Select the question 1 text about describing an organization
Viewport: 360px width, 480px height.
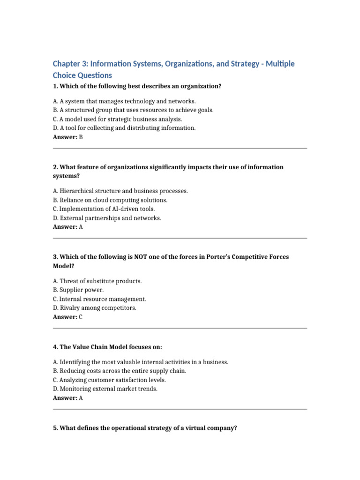click(x=137, y=86)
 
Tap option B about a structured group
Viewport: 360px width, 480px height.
click(x=133, y=110)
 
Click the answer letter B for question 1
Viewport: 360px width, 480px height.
click(x=81, y=137)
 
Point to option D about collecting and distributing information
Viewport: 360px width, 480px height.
click(x=124, y=128)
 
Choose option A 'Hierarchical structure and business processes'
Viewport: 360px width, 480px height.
click(x=120, y=191)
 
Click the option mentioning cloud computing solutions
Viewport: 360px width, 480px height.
click(x=110, y=200)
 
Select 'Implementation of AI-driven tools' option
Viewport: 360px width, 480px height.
click(x=104, y=209)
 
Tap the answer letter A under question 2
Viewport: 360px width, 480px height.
click(x=81, y=227)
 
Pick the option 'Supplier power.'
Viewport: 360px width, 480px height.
click(x=78, y=290)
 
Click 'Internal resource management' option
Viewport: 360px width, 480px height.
click(x=99, y=299)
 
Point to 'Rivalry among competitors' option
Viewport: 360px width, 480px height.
click(x=95, y=308)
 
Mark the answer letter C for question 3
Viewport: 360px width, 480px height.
click(x=81, y=317)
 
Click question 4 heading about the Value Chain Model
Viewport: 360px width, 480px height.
click(x=107, y=347)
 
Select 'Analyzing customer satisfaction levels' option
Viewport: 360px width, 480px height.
click(x=109, y=380)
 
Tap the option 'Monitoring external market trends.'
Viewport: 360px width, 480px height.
click(x=105, y=389)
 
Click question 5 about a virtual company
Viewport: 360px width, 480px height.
click(x=145, y=428)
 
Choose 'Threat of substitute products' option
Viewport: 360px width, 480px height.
click(x=97, y=281)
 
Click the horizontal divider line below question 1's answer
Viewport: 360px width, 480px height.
click(x=180, y=149)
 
